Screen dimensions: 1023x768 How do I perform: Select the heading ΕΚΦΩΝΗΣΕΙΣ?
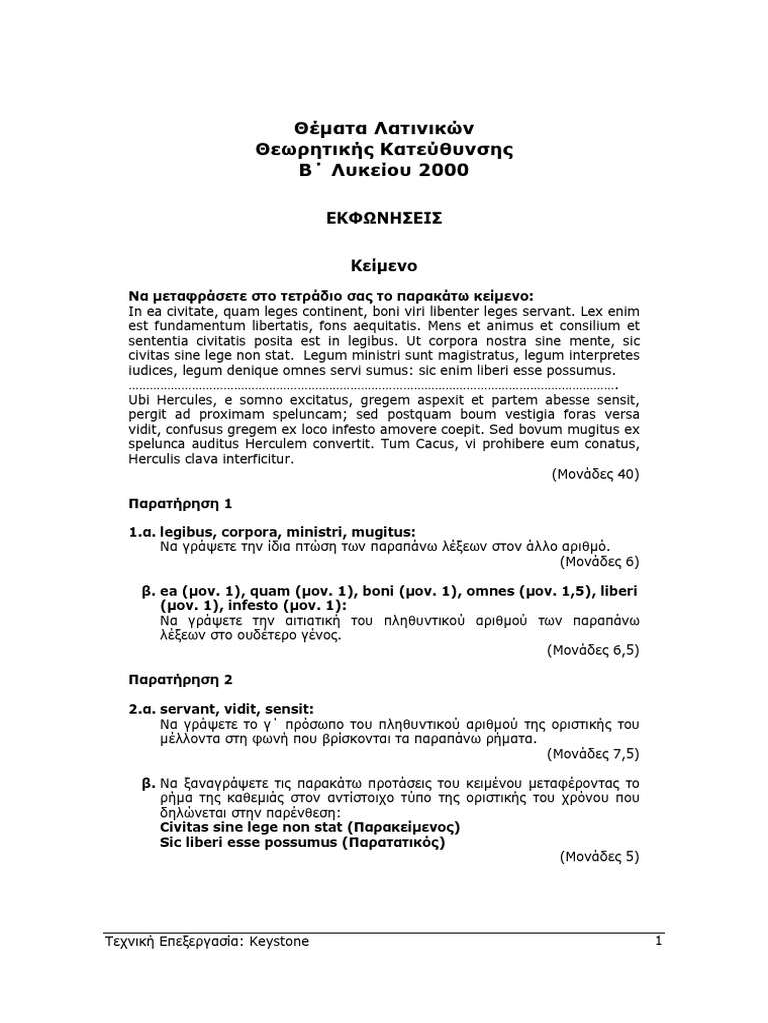(383, 218)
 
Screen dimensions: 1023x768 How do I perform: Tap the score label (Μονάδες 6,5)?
(592, 650)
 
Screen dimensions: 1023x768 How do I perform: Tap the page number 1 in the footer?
(658, 941)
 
